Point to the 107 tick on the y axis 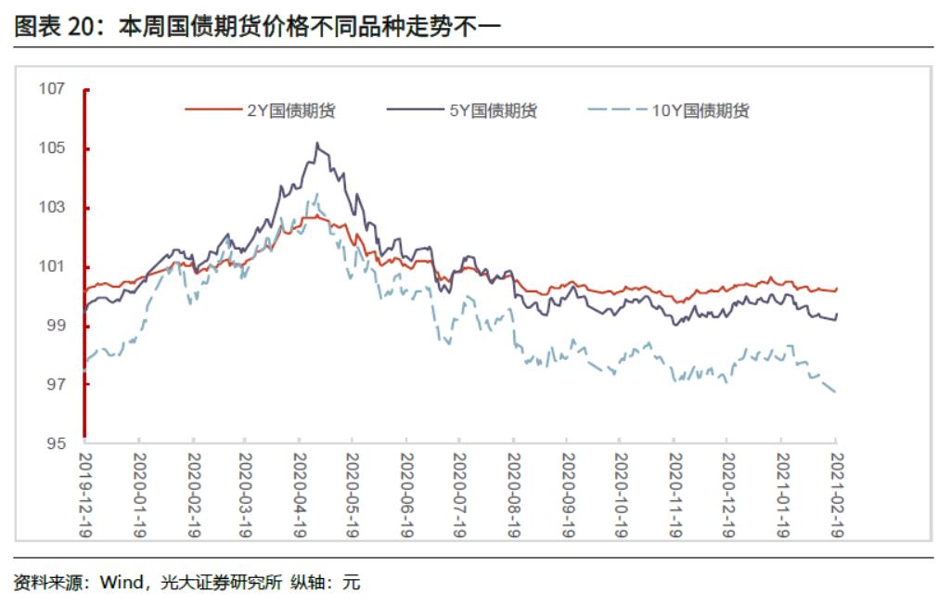click(52, 89)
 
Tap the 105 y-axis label click(52, 148)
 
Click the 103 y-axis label click(52, 207)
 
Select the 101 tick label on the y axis click(52, 266)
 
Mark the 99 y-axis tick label click(57, 325)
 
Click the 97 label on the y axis click(57, 384)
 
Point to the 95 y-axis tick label click(57, 444)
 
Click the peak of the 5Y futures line click(317, 143)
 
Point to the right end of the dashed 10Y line click(836, 393)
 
